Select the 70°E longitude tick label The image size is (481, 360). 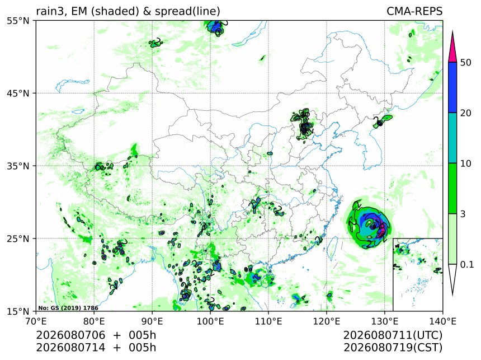tap(36, 321)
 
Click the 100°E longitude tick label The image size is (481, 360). tap(210, 321)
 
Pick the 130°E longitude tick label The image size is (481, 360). tap(385, 321)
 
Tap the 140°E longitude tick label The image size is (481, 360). tap(442, 321)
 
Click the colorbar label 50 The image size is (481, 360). tap(466, 63)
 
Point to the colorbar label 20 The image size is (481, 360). tap(466, 113)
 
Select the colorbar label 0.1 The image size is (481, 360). tap(467, 264)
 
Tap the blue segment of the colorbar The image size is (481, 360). tap(452, 87)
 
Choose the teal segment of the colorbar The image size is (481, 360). tap(452, 138)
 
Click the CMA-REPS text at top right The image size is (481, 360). tap(414, 11)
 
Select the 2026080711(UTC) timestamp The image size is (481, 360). tap(393, 335)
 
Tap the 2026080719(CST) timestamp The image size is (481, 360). tap(393, 348)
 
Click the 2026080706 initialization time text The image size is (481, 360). tap(70, 335)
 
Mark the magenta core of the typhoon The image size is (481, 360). tap(382, 230)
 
